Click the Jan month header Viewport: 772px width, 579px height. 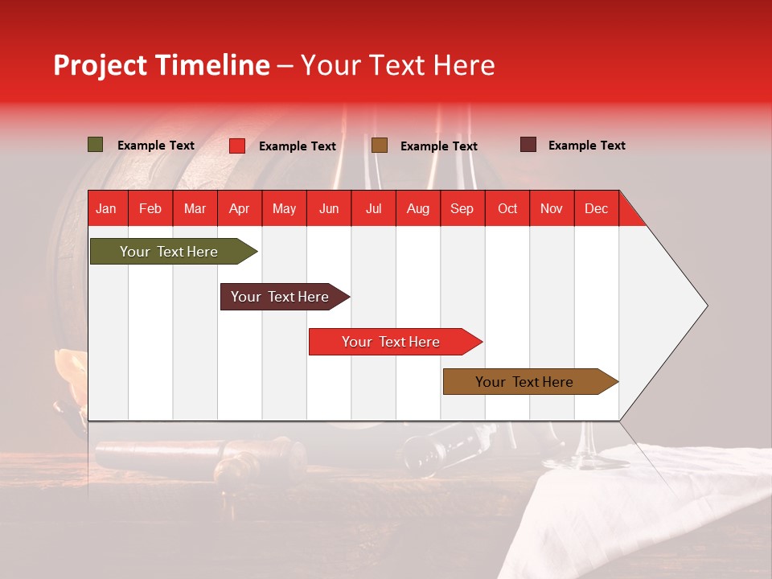pyautogui.click(x=106, y=208)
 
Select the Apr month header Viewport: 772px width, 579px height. pyautogui.click(x=239, y=208)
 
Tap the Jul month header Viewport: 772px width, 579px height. pyautogui.click(x=373, y=208)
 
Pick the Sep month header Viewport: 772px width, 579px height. pyautogui.click(x=462, y=208)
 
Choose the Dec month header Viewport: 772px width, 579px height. pyautogui.click(x=596, y=208)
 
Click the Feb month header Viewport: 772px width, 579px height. pyautogui.click(x=150, y=208)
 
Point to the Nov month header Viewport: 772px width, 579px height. pyautogui.click(x=551, y=208)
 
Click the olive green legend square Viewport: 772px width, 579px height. pyautogui.click(x=96, y=145)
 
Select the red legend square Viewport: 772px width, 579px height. pyautogui.click(x=237, y=146)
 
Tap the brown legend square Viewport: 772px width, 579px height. pyautogui.click(x=380, y=146)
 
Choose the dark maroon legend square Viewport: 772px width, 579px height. pyautogui.click(x=528, y=145)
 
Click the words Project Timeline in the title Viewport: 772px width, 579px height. pyautogui.click(x=162, y=65)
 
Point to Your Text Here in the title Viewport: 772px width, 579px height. pyautogui.click(x=397, y=65)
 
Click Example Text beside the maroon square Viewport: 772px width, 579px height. pyautogui.click(x=586, y=146)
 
